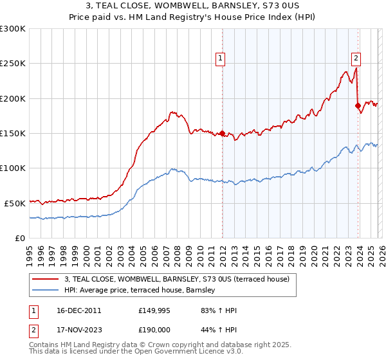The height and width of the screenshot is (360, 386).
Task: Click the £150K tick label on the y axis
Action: pos(12,134)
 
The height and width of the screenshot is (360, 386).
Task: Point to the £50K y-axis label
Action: pos(14,203)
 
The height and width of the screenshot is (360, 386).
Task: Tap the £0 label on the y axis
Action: pos(19,238)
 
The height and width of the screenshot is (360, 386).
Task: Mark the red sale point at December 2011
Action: pos(222,134)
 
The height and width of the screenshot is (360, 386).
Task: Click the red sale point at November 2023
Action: pos(358,105)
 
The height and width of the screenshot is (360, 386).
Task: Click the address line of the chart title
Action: pos(193,6)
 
